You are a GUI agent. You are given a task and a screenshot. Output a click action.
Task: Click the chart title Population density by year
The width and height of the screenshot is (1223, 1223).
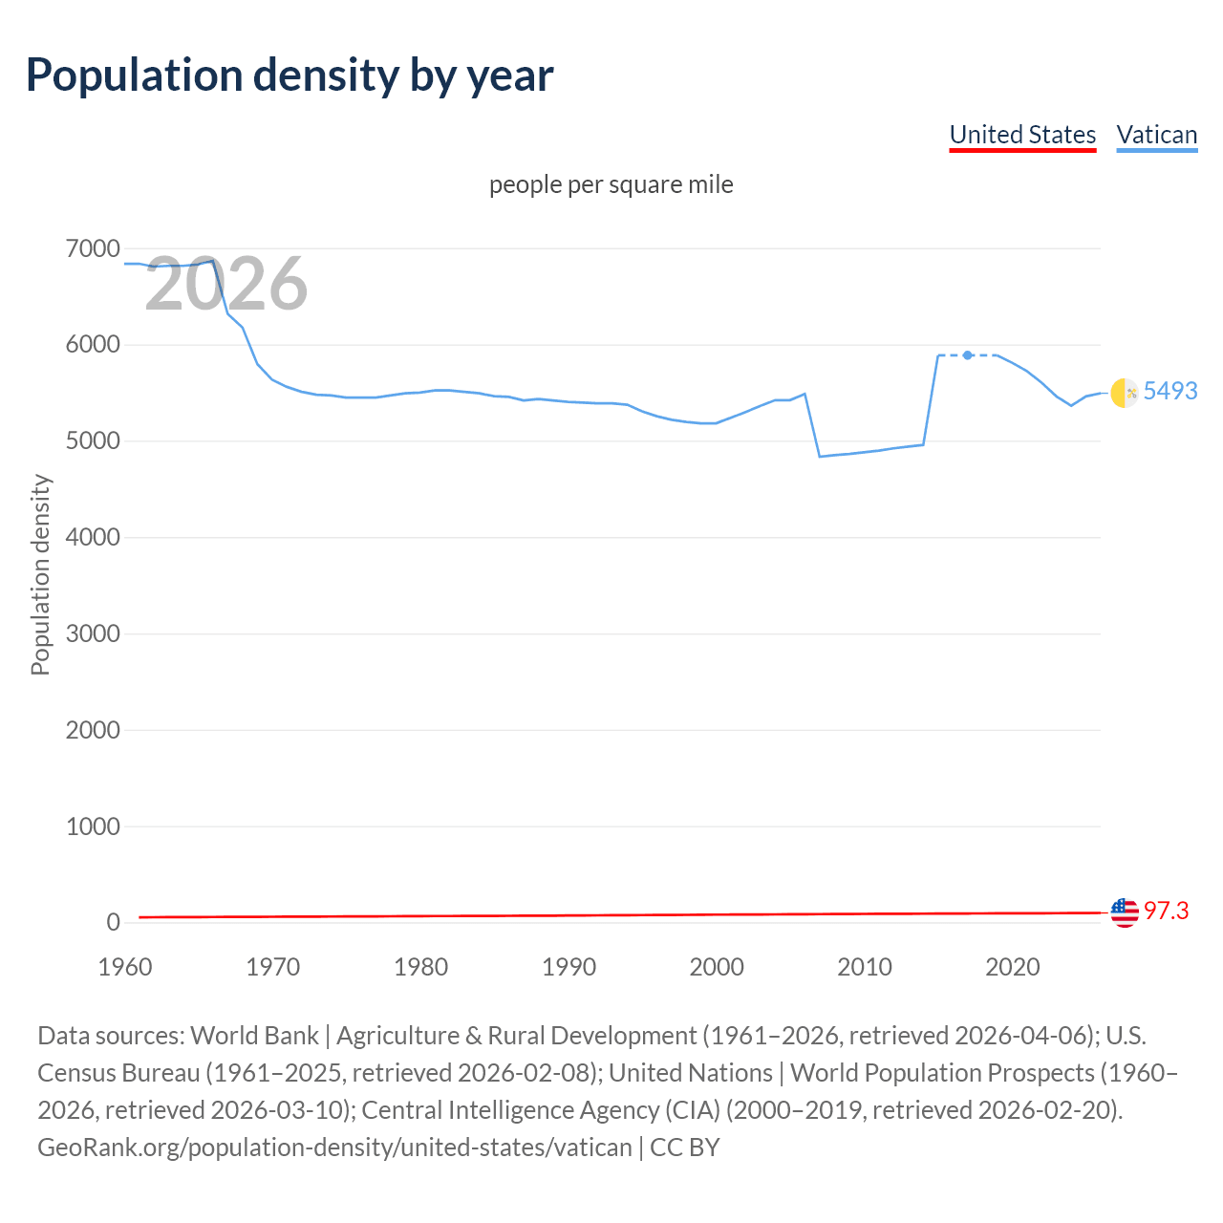(290, 75)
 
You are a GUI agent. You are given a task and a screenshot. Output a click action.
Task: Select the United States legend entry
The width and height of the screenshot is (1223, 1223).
(1022, 135)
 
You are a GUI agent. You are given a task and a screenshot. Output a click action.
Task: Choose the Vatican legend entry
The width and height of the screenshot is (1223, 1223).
(1156, 135)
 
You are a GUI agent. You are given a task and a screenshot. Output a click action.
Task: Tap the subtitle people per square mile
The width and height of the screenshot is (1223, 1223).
(611, 184)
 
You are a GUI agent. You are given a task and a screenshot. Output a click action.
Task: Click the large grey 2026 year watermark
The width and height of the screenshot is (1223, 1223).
(226, 284)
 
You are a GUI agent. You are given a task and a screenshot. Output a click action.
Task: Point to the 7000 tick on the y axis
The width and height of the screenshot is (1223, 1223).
(93, 249)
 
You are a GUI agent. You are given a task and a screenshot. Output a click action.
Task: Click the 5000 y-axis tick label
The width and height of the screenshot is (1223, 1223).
(93, 441)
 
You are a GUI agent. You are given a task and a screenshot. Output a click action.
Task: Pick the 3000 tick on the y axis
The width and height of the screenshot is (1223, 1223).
(93, 633)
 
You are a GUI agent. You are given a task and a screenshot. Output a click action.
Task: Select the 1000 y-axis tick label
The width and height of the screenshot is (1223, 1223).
(93, 826)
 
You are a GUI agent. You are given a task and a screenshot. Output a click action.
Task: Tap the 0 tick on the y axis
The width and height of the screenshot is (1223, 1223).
(113, 922)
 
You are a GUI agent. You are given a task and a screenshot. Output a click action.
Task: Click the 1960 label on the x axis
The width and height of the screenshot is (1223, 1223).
(125, 967)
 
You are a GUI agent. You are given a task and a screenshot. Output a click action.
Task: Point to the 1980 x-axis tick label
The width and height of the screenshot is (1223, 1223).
(420, 967)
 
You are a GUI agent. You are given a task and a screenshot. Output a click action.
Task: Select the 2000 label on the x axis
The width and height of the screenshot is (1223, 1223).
(717, 967)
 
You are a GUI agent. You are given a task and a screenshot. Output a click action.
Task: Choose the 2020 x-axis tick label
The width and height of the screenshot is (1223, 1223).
(1012, 967)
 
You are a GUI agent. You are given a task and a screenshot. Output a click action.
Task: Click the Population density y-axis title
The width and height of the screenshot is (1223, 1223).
(40, 575)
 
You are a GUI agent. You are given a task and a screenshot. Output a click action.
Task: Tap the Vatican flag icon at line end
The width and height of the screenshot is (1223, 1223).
(1125, 392)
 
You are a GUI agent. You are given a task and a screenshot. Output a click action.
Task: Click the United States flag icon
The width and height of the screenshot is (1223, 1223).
(1125, 912)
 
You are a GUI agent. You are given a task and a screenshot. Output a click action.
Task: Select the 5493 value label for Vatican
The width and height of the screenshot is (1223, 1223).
(1170, 391)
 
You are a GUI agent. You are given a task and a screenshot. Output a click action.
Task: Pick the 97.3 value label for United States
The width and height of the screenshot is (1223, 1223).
(1166, 911)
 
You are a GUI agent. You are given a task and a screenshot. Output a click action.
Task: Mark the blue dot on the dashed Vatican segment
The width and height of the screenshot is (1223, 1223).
(968, 355)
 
